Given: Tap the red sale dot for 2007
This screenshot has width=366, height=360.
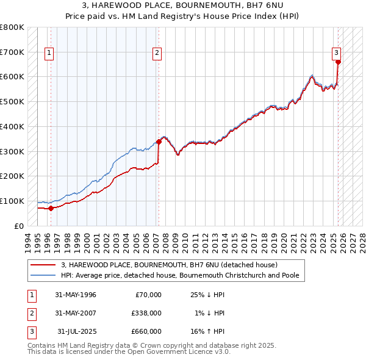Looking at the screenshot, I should coord(159,142).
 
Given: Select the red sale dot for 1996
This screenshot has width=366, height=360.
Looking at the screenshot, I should coord(51,208).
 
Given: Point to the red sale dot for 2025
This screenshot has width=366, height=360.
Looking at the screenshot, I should coord(338,62).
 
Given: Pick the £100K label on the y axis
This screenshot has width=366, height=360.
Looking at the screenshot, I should coord(12,201).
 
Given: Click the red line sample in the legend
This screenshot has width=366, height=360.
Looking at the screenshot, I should coord(43,265).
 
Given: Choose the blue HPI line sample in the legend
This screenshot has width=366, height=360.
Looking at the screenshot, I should coord(43,276).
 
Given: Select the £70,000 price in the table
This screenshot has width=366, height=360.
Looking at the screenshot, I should coord(148,295).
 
